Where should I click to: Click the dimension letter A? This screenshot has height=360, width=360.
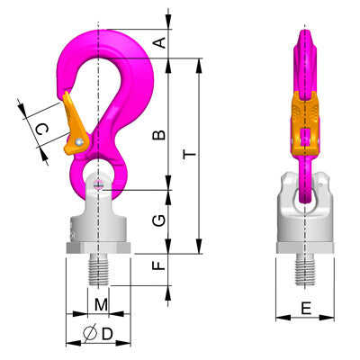pos(159,41)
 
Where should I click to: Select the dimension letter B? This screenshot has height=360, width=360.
pos(159,135)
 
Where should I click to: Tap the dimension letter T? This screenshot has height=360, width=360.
pos(189,155)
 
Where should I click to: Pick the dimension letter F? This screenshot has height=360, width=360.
pos(159,267)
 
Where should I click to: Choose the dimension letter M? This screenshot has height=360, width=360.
pos(101,306)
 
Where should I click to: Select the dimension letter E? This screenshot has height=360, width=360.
pos(306,309)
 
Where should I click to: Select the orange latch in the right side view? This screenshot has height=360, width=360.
pos(306,117)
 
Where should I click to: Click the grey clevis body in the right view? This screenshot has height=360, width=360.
pos(306,216)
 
